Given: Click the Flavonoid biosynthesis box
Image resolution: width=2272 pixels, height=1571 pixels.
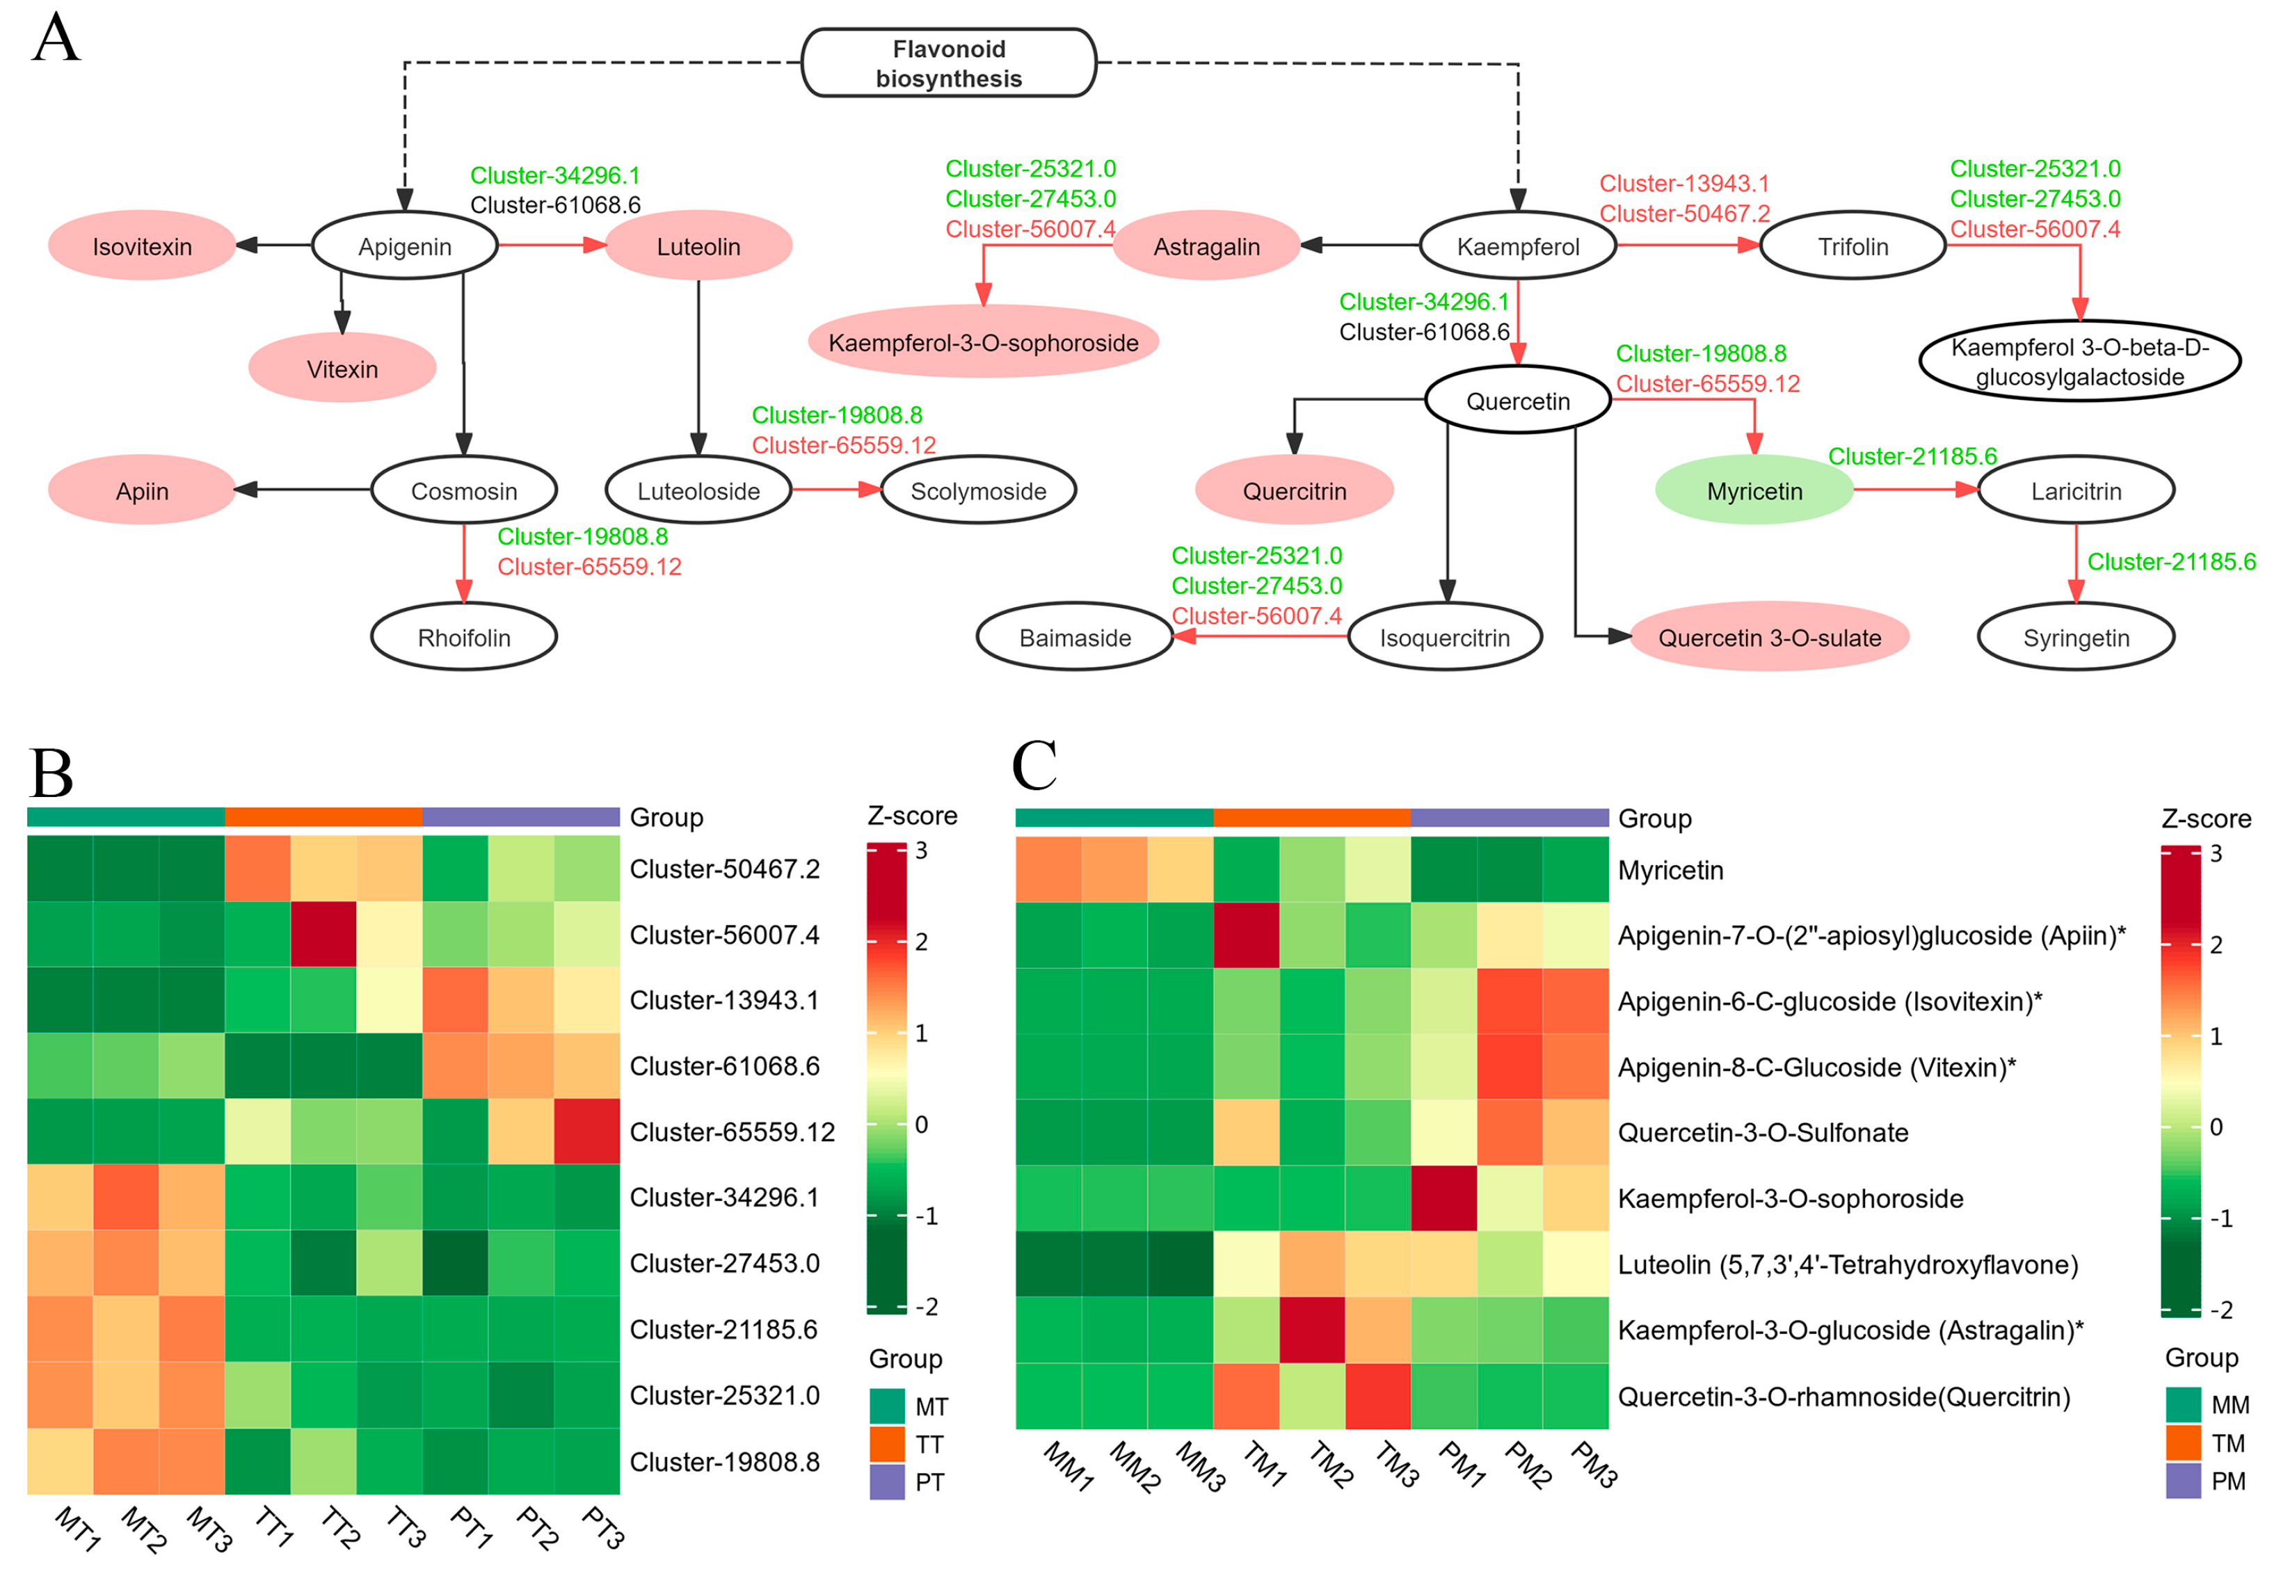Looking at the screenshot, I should tap(948, 63).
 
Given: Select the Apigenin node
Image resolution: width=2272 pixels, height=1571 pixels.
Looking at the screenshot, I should tap(405, 246).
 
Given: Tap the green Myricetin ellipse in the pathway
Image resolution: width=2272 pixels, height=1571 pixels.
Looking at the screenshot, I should tap(1754, 490).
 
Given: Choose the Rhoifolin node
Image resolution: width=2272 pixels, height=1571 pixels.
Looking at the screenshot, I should tap(464, 637).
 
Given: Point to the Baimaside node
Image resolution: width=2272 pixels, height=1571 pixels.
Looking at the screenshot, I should tap(1075, 637).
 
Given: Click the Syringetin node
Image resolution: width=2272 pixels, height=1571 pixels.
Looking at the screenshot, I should tap(2075, 637).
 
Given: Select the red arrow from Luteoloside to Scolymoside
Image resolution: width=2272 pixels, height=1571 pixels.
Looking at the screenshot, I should tap(837, 489).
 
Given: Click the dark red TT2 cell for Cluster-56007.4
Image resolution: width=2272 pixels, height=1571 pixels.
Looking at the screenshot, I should tap(323, 934).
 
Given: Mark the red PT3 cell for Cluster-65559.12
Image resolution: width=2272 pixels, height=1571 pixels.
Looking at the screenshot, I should tap(586, 1131).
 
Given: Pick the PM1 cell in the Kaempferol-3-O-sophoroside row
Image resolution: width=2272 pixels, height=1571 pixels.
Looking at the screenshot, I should tap(1443, 1198).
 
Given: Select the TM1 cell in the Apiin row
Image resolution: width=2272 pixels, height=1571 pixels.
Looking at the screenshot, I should tap(1246, 935).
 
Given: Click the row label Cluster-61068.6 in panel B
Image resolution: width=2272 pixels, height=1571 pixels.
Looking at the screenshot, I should tap(724, 1066).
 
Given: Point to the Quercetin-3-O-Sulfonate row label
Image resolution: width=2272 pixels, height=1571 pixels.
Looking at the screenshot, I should tap(1762, 1133).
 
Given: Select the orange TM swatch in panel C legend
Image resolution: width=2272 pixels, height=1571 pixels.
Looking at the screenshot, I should tap(2182, 1443).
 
